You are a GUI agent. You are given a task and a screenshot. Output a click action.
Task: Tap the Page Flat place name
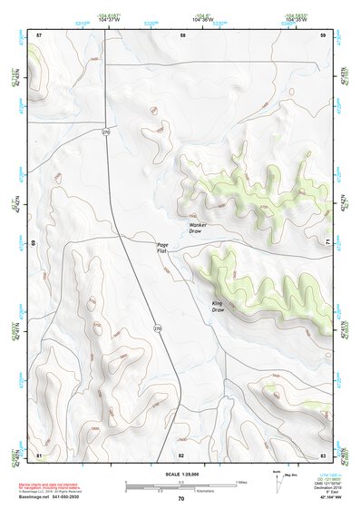pos(162,247)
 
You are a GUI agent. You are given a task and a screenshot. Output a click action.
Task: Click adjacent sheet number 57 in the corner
pos(39,34)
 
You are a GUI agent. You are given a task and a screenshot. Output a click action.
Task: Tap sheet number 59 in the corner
pos(323,34)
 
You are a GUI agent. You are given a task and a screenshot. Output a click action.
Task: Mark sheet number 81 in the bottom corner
pos(39,454)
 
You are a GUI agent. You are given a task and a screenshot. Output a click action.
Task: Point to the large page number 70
pos(181,498)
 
